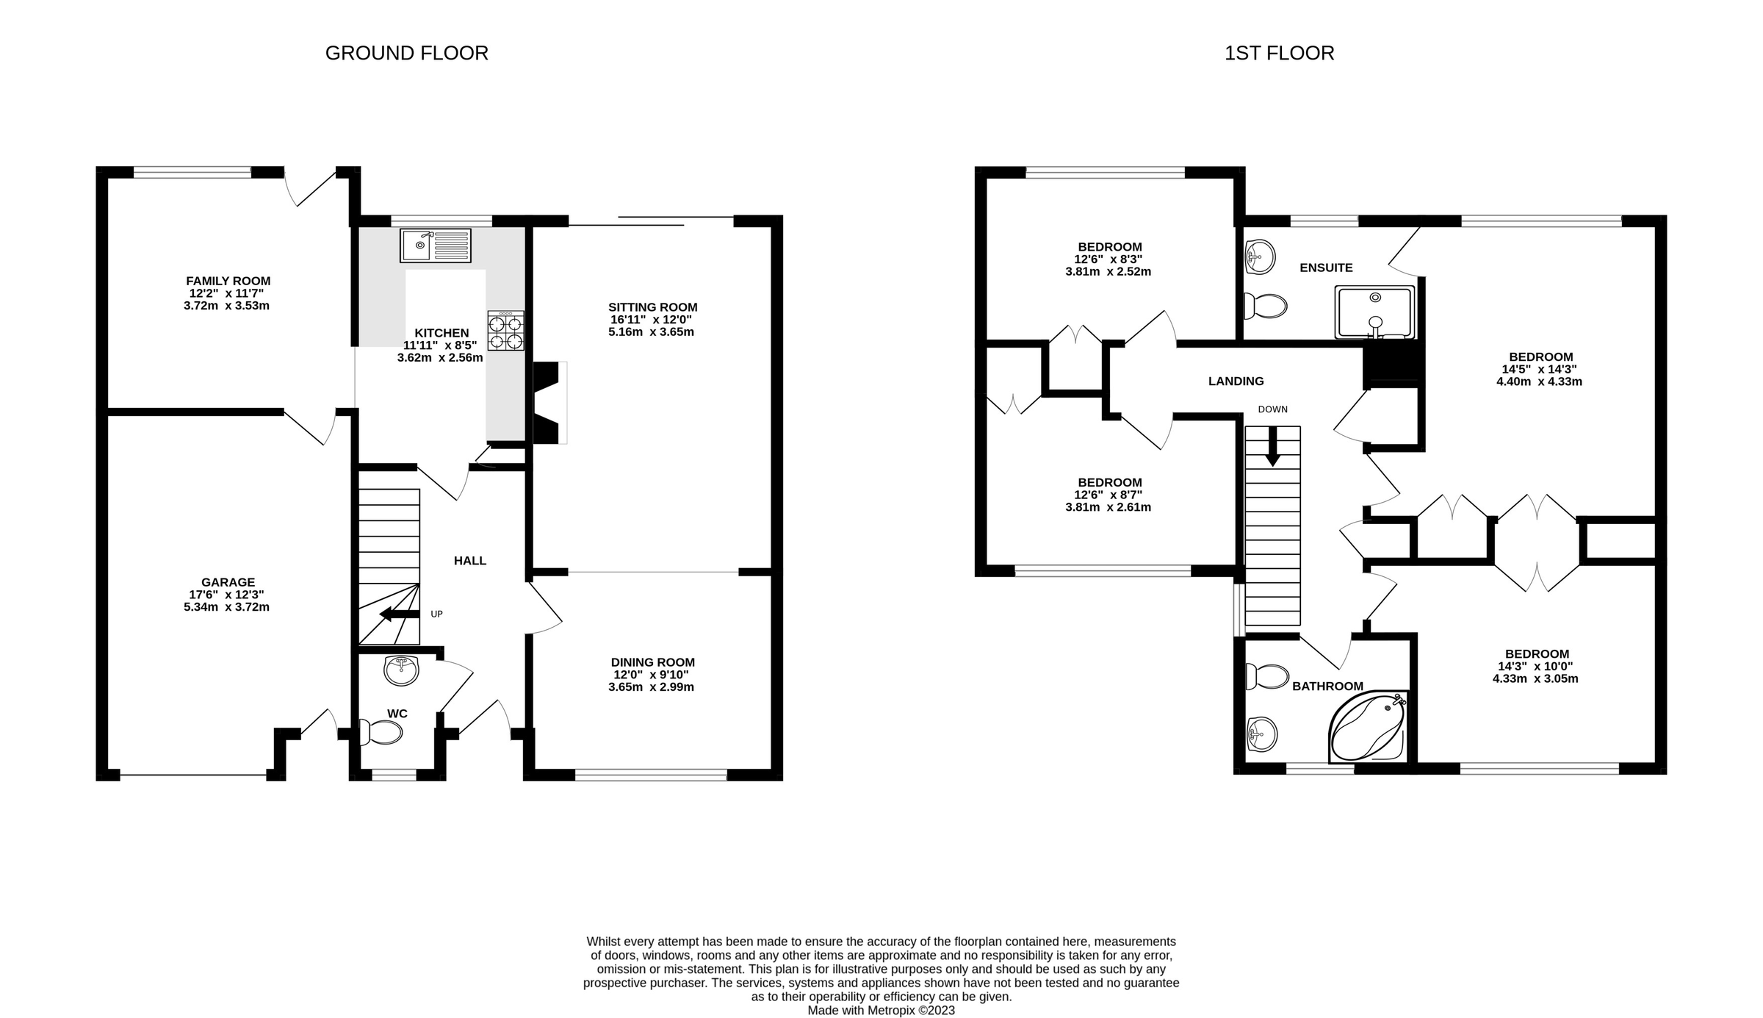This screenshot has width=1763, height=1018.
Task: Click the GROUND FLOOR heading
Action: pos(406,53)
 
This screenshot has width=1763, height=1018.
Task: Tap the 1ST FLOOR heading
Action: pos(1279,53)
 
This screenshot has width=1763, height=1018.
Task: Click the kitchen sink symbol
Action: pos(436,245)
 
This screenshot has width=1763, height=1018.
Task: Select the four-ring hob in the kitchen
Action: pos(505,331)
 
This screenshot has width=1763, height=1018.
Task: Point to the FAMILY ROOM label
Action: pos(228,281)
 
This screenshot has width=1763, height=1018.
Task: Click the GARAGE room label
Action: pos(228,582)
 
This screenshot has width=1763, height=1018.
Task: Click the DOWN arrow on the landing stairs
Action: pos(1272,447)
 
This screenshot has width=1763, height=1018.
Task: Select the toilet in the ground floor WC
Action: pos(383,732)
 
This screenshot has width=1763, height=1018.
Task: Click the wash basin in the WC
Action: pos(401,670)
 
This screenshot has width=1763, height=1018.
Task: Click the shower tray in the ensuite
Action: pos(1374,312)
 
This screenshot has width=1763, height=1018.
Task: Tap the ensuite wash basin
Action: pos(1260,257)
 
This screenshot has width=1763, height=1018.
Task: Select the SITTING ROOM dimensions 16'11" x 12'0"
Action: pos(652,320)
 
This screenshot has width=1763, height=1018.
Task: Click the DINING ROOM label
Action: pos(652,662)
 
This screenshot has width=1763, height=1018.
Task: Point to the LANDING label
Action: pos(1236,381)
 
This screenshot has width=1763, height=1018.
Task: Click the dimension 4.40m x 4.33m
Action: pos(1539,381)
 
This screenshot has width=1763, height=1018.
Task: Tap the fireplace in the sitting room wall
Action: pos(547,402)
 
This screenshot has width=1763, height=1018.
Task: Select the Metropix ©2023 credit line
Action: pos(881,1010)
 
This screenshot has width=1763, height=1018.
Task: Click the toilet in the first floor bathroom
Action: pos(1268,676)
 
